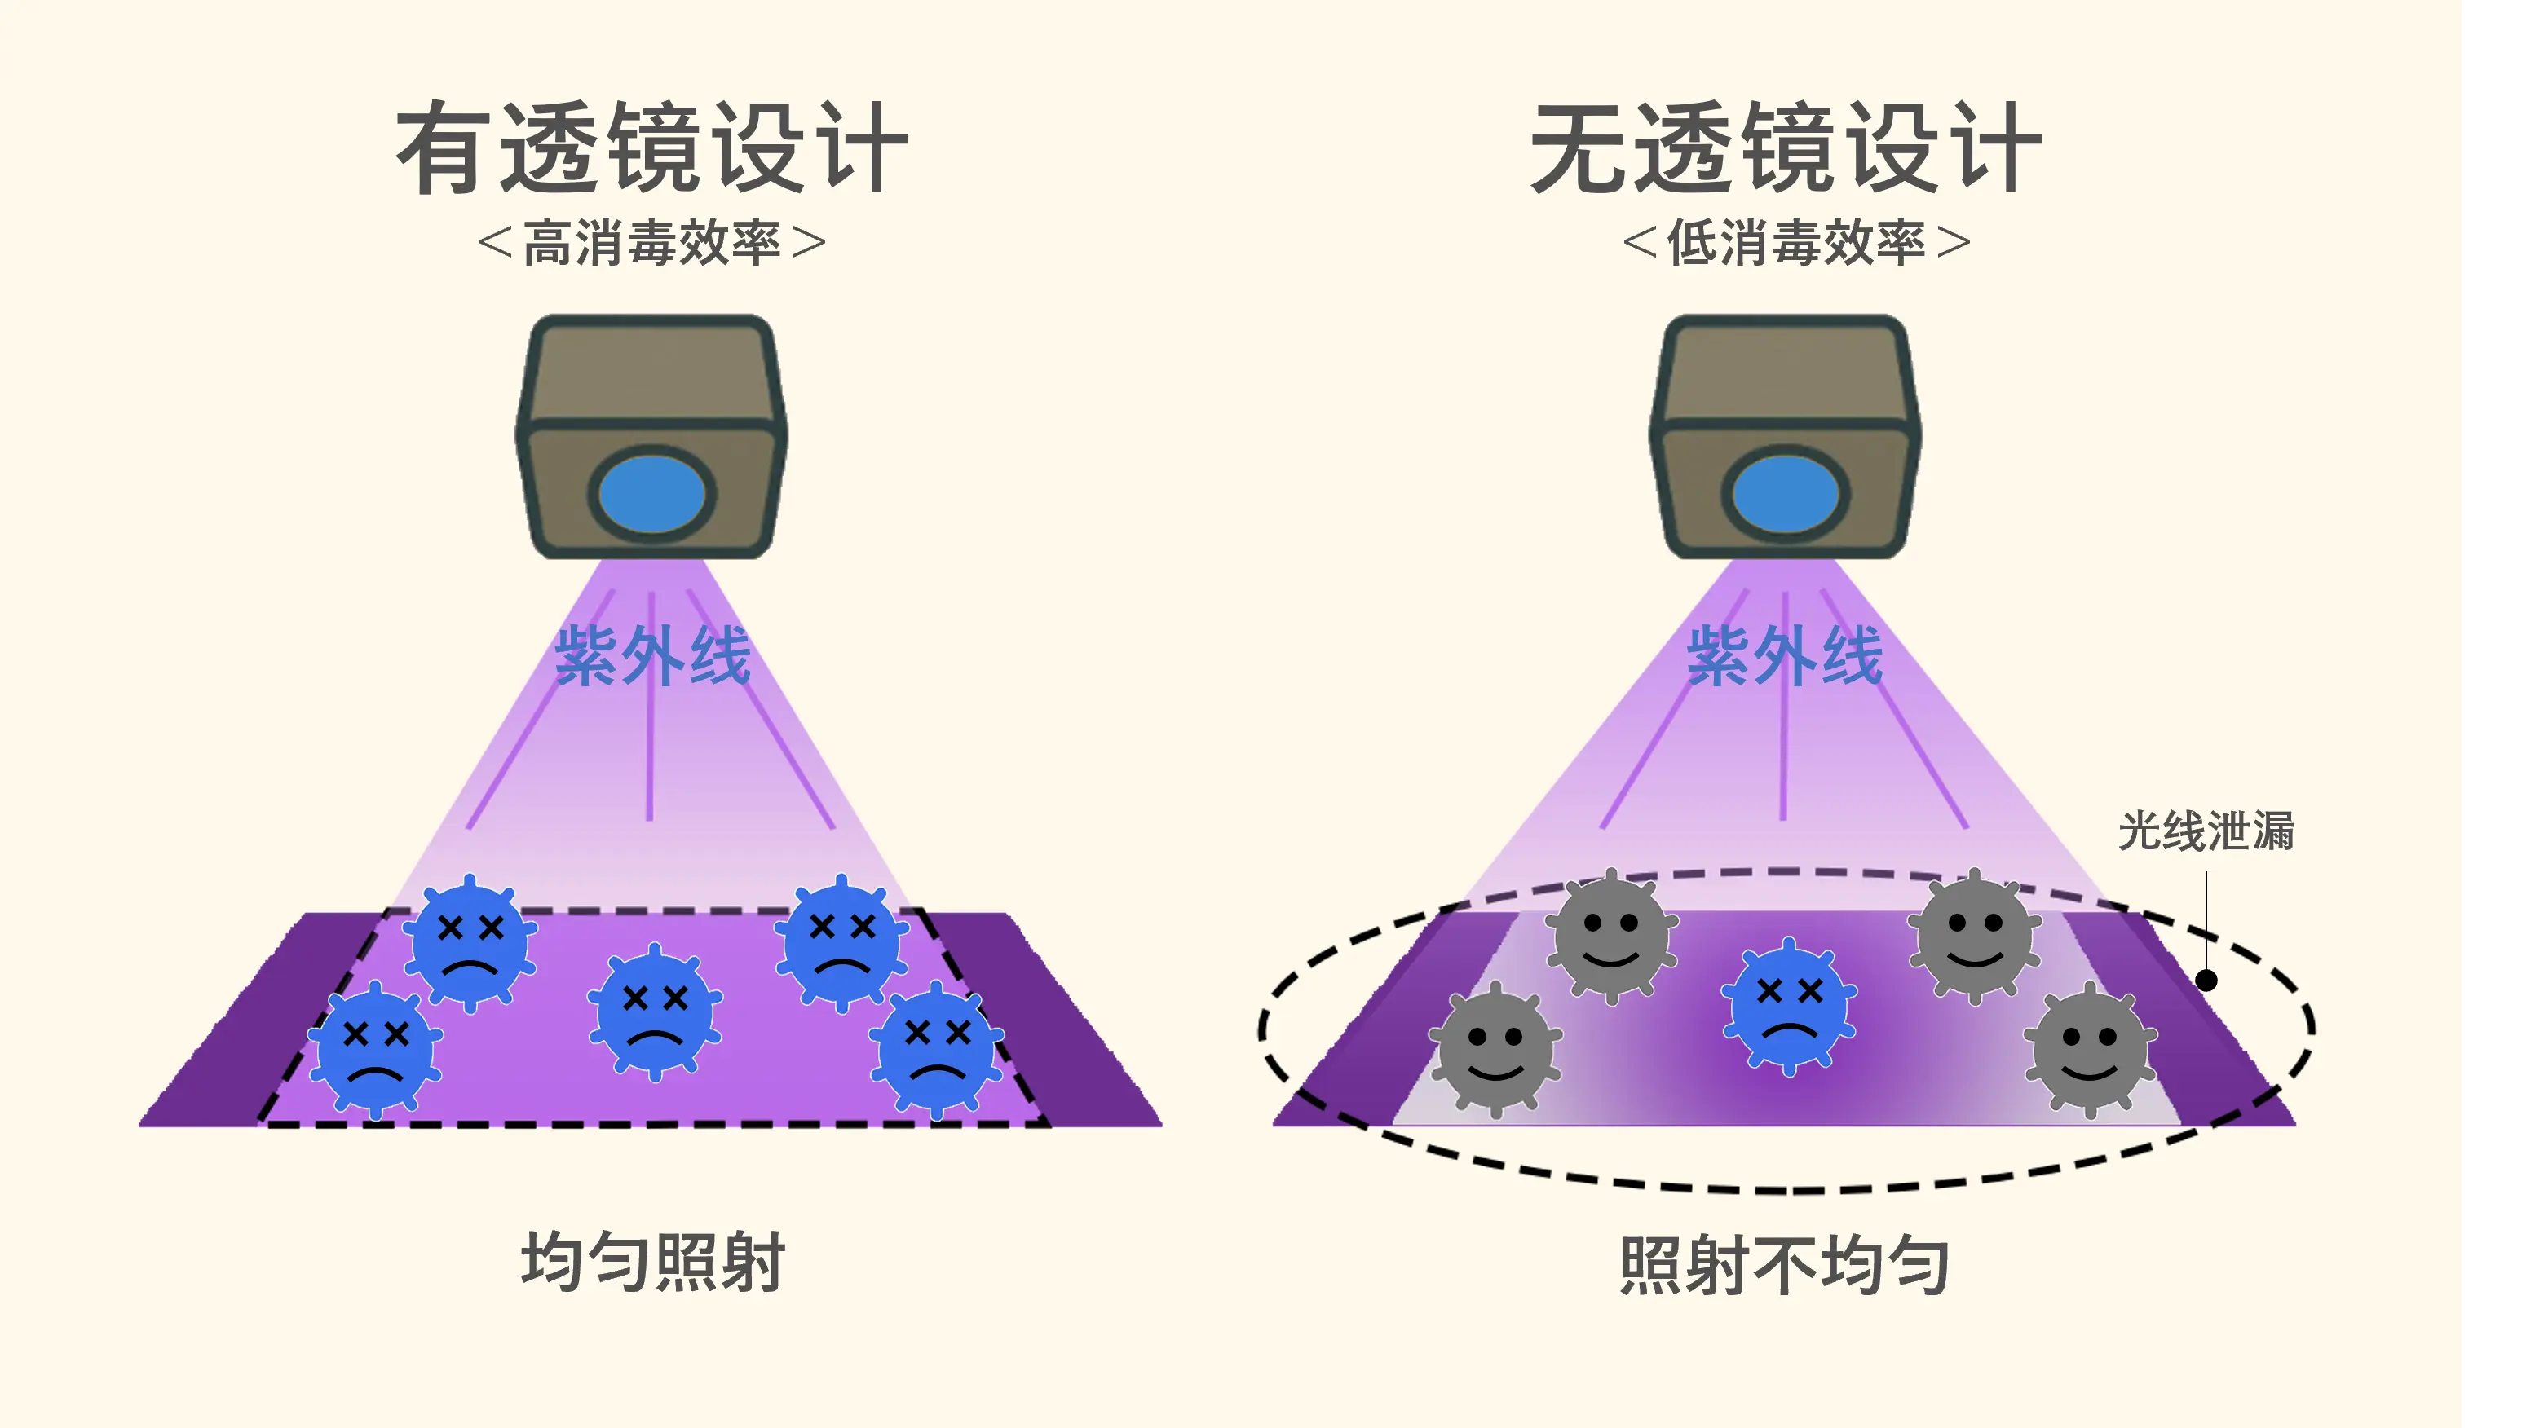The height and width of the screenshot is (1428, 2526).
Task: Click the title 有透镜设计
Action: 651,149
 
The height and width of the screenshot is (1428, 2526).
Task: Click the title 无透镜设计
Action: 1786,149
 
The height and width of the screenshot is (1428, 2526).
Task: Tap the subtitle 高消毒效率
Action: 651,243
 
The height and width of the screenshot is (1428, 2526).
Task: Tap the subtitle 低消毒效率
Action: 1796,243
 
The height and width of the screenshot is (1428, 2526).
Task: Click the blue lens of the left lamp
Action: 651,494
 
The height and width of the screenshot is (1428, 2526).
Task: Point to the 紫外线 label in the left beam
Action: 653,655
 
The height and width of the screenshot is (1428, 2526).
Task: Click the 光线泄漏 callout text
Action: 2206,831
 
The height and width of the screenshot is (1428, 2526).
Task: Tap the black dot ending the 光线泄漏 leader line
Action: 2206,980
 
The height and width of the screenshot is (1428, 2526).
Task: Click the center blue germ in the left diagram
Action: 654,1012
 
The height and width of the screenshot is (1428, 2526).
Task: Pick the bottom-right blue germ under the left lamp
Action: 936,1050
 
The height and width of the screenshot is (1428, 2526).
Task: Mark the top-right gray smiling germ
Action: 1974,937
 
